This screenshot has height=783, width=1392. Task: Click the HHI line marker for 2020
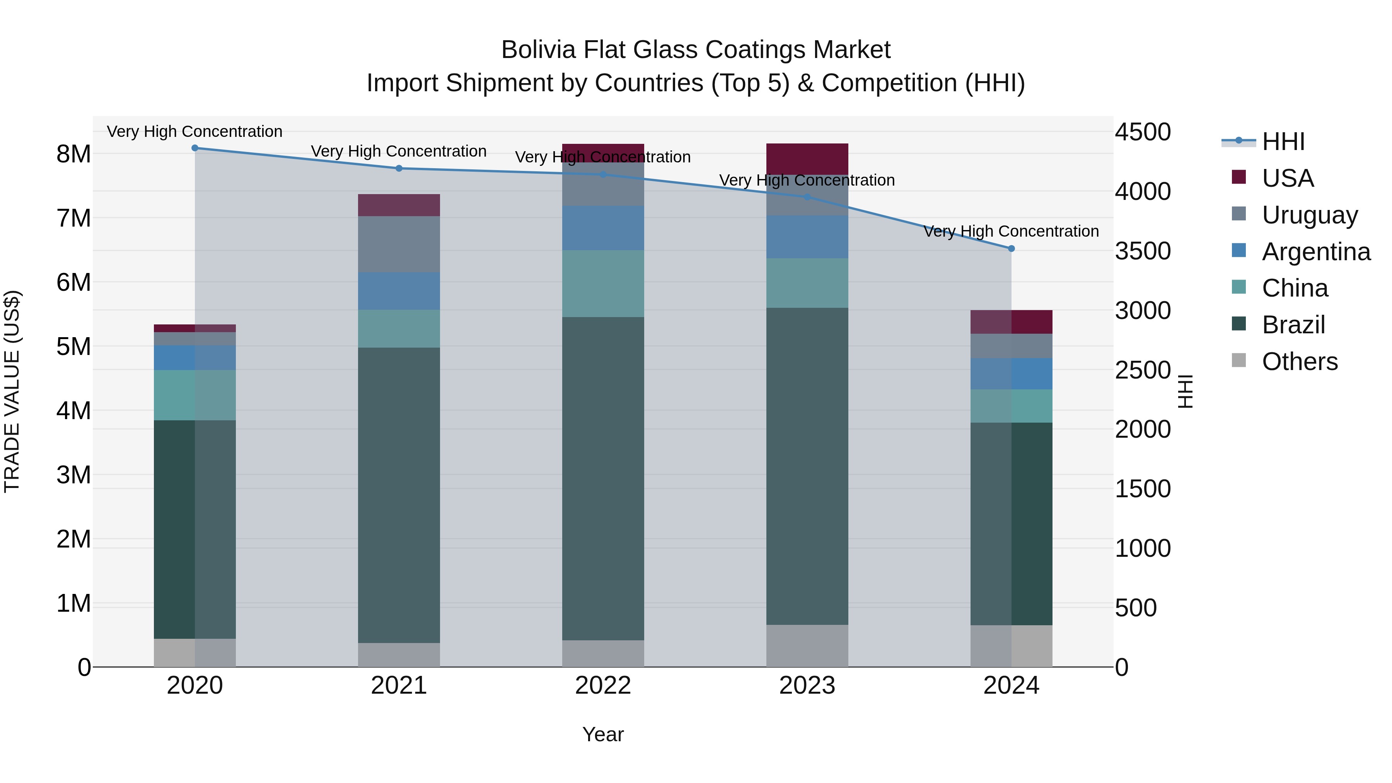[x=195, y=148]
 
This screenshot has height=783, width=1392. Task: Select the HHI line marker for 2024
[x=1012, y=249]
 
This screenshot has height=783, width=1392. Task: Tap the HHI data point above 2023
[x=807, y=197]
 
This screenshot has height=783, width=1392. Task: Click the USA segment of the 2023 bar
[x=807, y=159]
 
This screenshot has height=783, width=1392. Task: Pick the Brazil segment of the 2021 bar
[x=399, y=495]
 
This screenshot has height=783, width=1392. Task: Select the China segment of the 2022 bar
[x=603, y=284]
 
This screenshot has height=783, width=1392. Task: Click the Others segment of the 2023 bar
[x=807, y=646]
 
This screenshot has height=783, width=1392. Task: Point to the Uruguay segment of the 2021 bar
[x=399, y=244]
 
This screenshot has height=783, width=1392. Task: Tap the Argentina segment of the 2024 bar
[x=1012, y=374]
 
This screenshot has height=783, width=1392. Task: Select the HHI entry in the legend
[x=1283, y=142]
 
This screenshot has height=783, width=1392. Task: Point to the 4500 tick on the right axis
[x=1142, y=132]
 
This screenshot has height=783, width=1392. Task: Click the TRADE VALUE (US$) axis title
[x=12, y=391]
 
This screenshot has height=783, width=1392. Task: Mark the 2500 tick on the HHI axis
[x=1142, y=371]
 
